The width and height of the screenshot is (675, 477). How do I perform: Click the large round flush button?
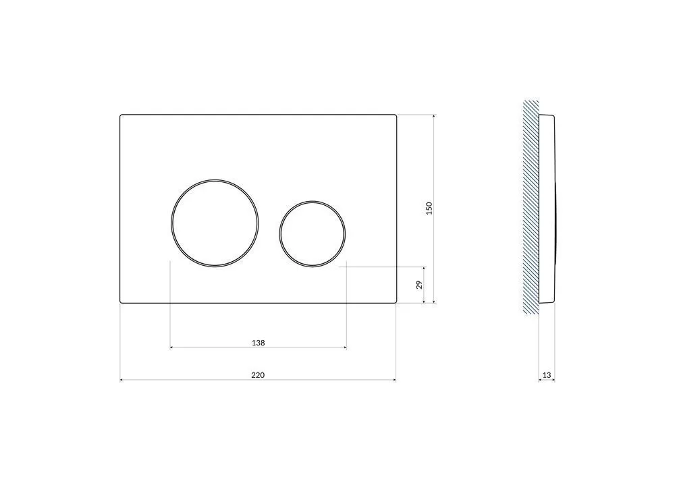pos(214,222)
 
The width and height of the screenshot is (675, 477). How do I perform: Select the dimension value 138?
pos(258,343)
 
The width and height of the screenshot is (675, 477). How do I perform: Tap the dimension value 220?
pos(258,375)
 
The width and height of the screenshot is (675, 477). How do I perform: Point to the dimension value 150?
pos(429,208)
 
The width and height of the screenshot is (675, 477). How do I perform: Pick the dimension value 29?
pos(419,285)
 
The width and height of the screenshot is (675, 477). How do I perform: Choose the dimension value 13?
pos(547,375)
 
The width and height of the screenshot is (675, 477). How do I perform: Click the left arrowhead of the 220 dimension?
pos(122,381)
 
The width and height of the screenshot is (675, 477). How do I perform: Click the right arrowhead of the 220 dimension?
pos(394,381)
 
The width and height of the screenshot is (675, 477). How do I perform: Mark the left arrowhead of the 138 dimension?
pos(172,347)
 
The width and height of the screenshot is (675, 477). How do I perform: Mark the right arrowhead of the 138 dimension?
pos(344,347)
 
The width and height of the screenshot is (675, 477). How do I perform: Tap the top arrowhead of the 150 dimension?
pos(433,117)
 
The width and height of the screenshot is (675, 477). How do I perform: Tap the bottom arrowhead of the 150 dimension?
pos(433,301)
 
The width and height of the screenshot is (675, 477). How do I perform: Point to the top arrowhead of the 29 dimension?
pos(424,268)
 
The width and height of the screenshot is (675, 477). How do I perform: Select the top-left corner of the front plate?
pos(122,115)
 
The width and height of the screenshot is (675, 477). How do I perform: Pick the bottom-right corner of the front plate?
pos(395,302)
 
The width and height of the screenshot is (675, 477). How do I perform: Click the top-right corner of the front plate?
pos(395,115)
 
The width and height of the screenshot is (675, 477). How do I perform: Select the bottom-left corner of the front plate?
pos(122,302)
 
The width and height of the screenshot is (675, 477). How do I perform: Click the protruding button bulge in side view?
pos(556,223)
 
